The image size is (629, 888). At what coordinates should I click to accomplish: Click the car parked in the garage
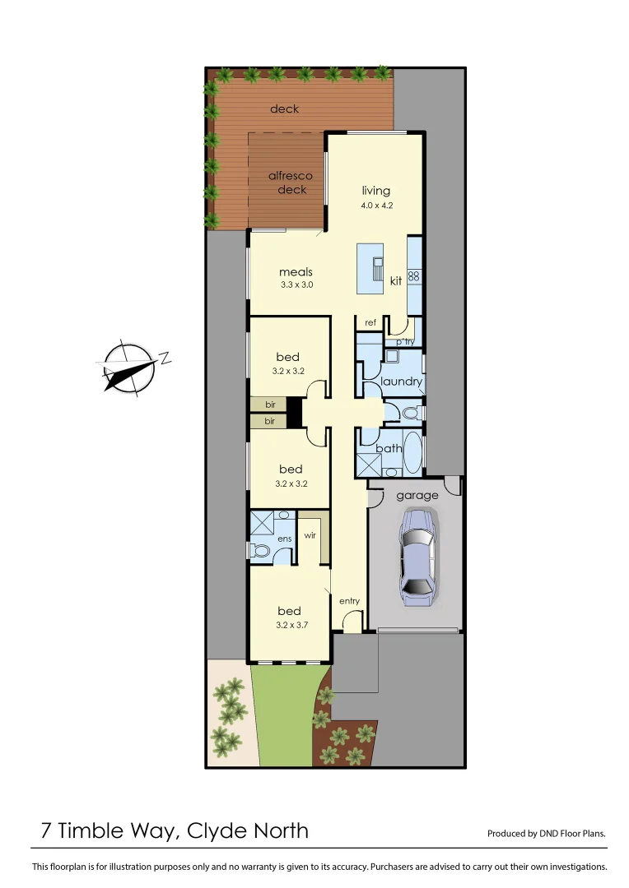tap(417, 557)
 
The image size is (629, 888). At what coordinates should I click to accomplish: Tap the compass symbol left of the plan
tap(129, 366)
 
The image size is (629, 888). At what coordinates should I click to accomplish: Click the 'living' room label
tap(376, 191)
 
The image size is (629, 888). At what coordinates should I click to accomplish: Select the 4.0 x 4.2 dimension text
tap(377, 206)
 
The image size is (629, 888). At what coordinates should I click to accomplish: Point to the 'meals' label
tap(296, 271)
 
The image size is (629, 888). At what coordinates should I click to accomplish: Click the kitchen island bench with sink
tap(373, 268)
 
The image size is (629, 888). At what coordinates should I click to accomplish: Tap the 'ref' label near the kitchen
tap(370, 322)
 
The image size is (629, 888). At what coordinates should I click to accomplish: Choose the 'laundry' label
tap(402, 382)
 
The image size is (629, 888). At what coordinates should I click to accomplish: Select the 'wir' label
tap(310, 534)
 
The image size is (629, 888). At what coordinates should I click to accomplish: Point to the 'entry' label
tap(350, 601)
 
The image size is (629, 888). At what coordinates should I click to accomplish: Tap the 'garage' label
tap(417, 496)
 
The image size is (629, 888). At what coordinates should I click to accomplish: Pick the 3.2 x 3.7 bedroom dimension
tap(290, 625)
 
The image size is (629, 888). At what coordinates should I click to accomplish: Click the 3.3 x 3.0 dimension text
tap(296, 285)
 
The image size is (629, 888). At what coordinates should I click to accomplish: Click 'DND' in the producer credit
tap(550, 834)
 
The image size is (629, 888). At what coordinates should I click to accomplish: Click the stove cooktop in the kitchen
tap(414, 276)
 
